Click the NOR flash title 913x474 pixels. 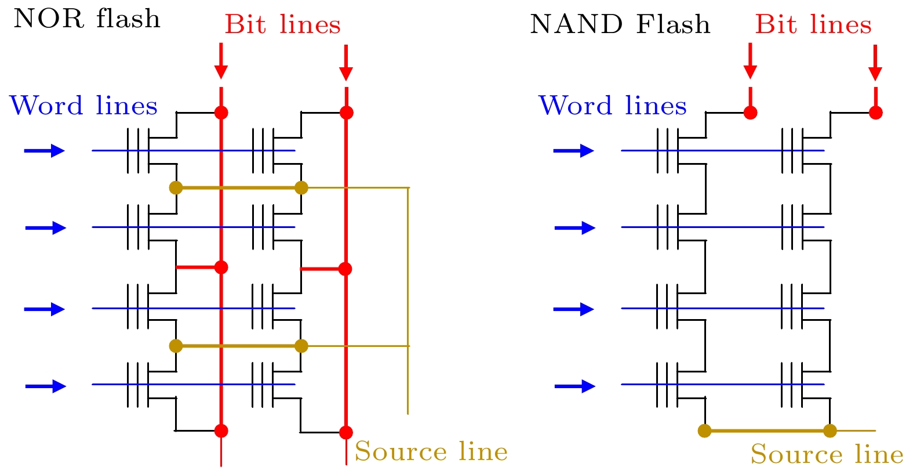[x=86, y=19]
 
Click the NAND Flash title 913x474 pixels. [x=620, y=24]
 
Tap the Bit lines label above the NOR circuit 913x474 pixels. [x=282, y=24]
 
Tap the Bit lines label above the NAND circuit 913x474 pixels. [x=813, y=24]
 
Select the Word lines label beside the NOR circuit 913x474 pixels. [x=83, y=106]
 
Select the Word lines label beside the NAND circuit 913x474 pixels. [x=613, y=106]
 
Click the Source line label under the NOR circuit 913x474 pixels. [x=431, y=451]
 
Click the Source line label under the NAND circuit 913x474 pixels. [x=827, y=454]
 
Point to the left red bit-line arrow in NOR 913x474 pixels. [x=221, y=61]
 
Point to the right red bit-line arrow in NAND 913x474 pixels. [x=875, y=62]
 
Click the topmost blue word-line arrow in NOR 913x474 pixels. [x=44, y=151]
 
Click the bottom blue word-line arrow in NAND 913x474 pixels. [x=574, y=386]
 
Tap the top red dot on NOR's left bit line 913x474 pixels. [x=221, y=113]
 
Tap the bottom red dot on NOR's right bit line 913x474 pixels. [x=346, y=432]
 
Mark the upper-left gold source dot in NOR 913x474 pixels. [x=176, y=187]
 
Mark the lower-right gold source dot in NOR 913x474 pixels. [x=301, y=346]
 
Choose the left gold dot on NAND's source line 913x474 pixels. [x=704, y=430]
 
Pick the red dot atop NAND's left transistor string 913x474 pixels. [x=750, y=113]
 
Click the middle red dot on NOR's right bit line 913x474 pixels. [x=345, y=269]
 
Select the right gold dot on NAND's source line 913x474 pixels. [x=830, y=430]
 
